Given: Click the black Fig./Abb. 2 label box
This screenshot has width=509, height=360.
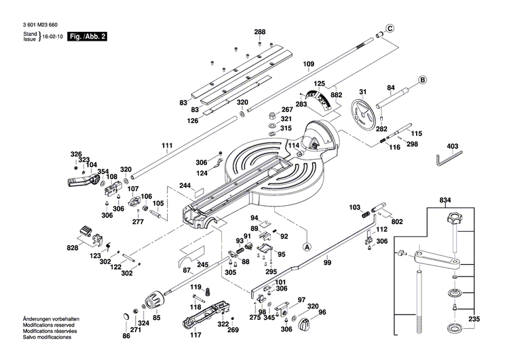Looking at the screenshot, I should (87, 35).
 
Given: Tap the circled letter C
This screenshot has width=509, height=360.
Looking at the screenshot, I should (390, 28).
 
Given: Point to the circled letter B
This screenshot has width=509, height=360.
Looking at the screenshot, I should (422, 79).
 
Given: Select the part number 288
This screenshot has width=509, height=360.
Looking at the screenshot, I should (260, 32).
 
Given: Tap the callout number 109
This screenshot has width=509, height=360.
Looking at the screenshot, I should (308, 65).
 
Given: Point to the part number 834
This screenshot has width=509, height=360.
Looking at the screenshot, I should (445, 200).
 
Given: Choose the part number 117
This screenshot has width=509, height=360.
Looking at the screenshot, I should (196, 336).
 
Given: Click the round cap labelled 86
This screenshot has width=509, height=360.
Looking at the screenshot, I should (126, 319).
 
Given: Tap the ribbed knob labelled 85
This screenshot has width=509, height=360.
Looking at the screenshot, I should (152, 300).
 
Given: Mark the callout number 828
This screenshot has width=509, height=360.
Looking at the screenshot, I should (73, 249).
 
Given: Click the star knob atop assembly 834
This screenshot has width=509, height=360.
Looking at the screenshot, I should (453, 219).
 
